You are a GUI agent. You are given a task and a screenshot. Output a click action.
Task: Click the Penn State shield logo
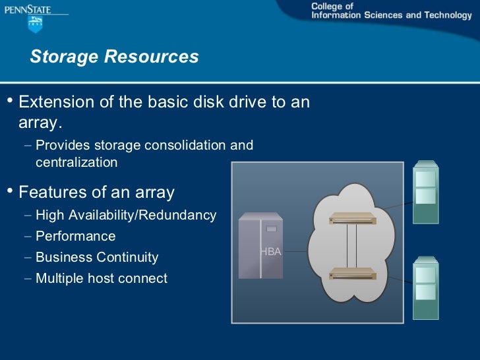click(x=35, y=25)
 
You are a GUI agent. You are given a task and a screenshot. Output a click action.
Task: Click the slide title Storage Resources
click(x=114, y=57)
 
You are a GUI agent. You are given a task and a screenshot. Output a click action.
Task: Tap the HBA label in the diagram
click(x=270, y=251)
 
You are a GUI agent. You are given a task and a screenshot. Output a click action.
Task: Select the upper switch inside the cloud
click(x=353, y=218)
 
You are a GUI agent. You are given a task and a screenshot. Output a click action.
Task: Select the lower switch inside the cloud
click(x=353, y=272)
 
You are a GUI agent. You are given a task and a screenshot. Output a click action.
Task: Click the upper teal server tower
click(x=425, y=192)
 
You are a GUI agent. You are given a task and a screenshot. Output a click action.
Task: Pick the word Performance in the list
click(x=75, y=236)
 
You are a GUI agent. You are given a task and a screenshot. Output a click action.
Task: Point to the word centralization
click(x=76, y=162)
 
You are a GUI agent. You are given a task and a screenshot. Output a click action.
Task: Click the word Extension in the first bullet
click(x=55, y=103)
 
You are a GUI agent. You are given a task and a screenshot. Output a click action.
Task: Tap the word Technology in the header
click(x=448, y=15)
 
